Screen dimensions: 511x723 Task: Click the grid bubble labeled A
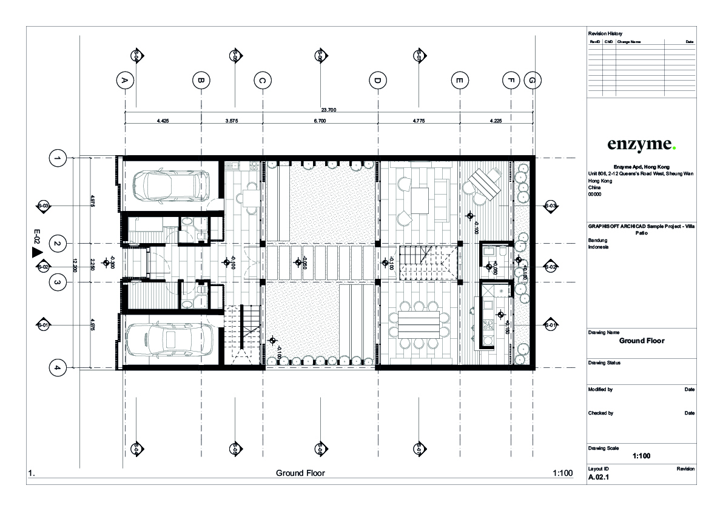click(x=124, y=80)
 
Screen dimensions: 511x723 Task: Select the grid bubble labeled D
click(x=377, y=80)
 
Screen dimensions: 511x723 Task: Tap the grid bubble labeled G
click(x=533, y=80)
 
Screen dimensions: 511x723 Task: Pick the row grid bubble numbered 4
click(x=57, y=367)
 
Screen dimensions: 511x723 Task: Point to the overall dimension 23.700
click(x=328, y=110)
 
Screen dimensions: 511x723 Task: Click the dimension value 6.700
click(x=320, y=121)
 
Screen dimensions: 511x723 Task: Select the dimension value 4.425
click(x=163, y=121)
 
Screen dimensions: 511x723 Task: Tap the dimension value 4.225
click(x=496, y=121)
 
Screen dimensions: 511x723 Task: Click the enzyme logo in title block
click(x=641, y=144)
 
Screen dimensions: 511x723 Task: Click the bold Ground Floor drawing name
click(x=641, y=341)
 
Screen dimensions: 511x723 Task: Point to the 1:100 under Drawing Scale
click(x=641, y=456)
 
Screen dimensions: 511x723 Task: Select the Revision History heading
click(x=605, y=33)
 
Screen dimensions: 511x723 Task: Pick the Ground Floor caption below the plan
click(x=300, y=473)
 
